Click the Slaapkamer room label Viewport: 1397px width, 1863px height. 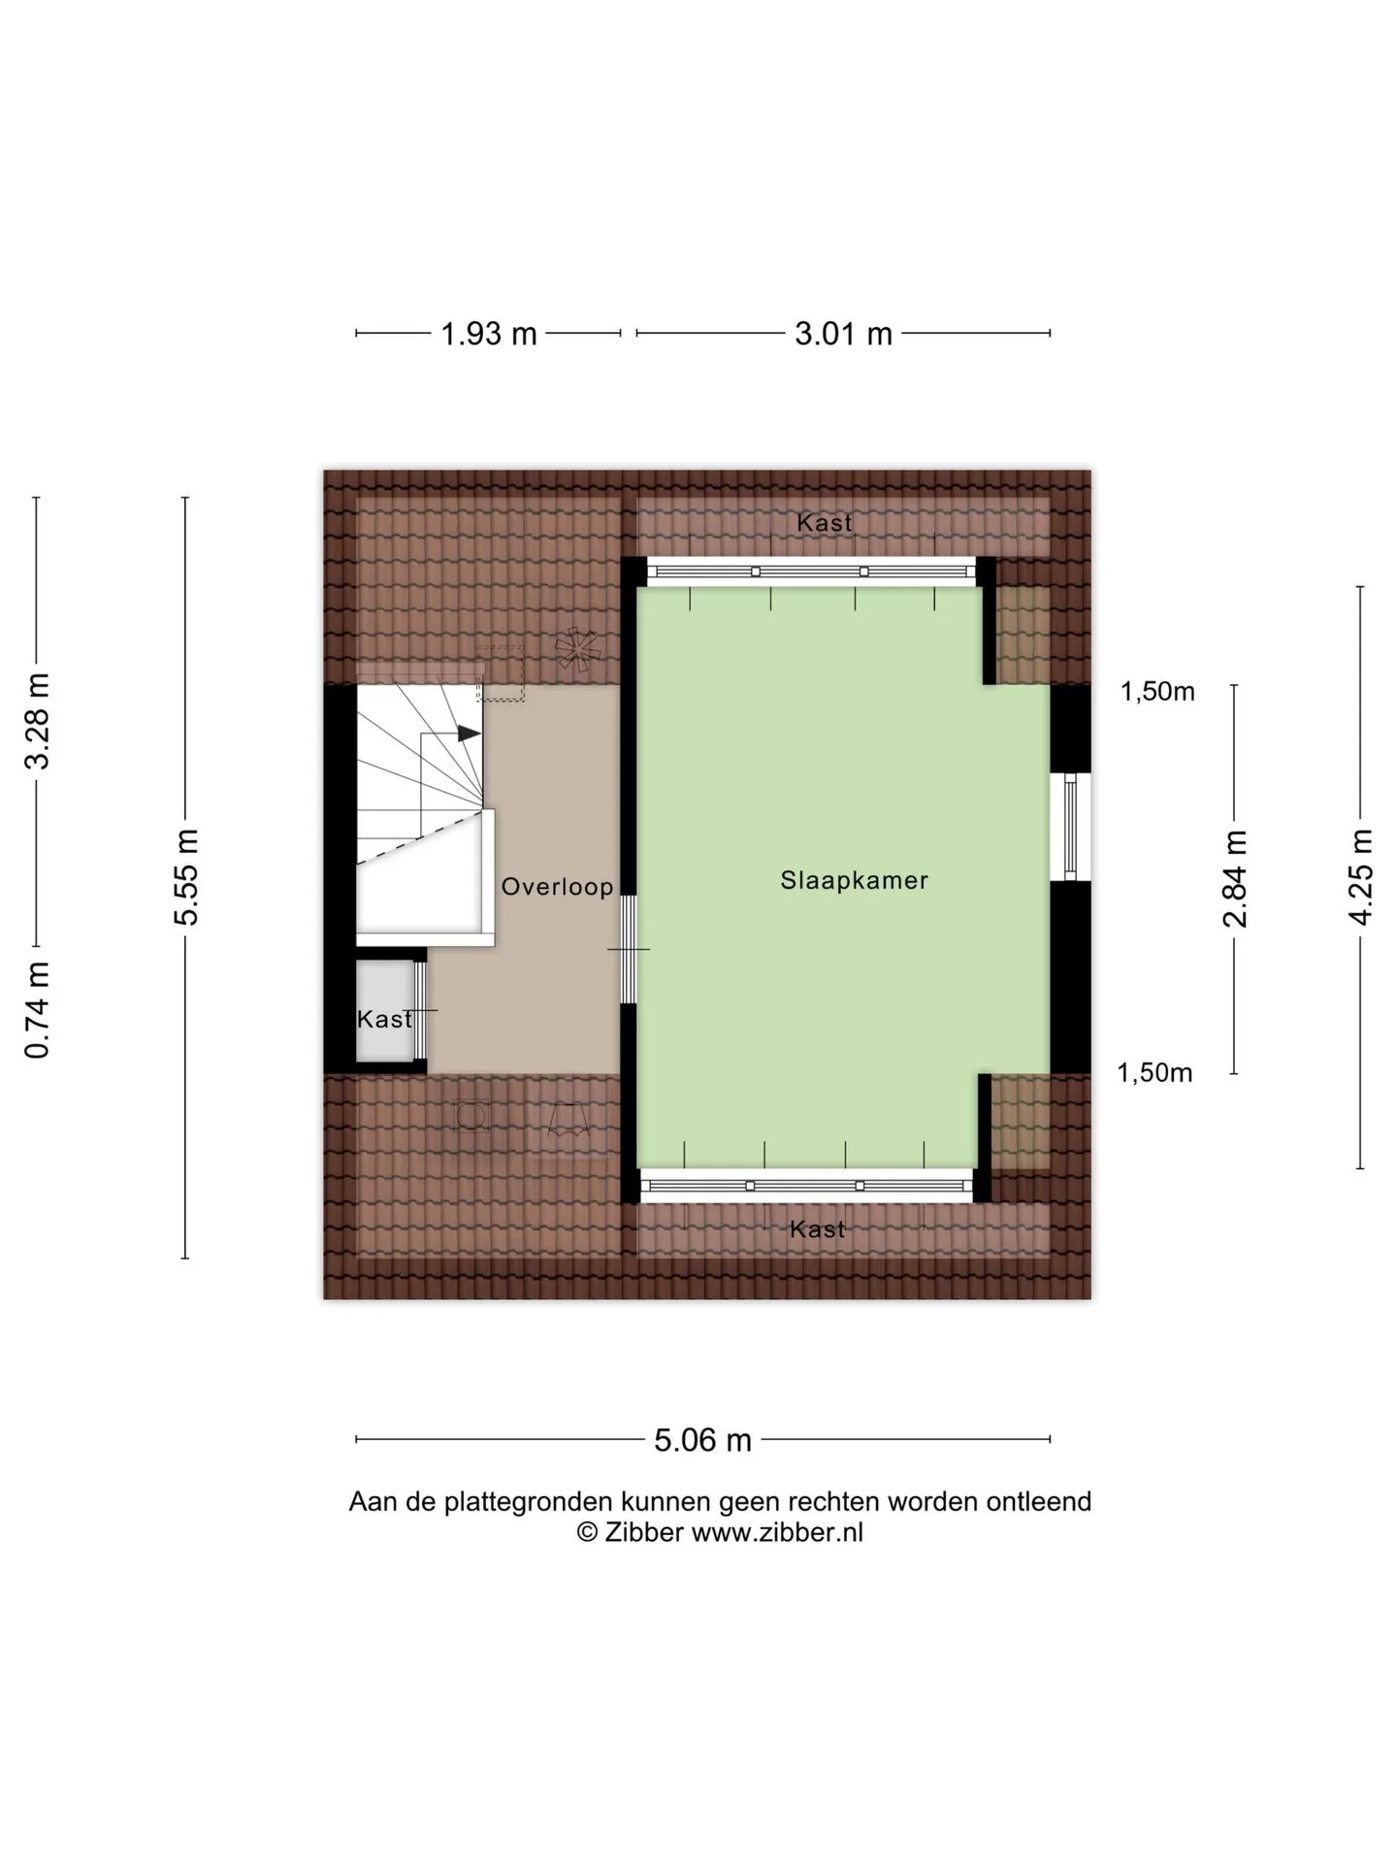854,880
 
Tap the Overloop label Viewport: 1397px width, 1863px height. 557,886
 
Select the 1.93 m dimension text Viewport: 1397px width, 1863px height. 489,334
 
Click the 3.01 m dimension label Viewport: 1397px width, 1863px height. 843,334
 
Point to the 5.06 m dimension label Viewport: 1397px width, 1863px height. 702,1440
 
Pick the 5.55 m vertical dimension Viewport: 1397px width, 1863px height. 186,877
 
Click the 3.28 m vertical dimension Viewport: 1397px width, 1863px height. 37,720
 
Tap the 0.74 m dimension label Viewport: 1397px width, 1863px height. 37,1009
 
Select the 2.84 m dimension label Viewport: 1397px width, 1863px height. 1234,879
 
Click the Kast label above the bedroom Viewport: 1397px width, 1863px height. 825,523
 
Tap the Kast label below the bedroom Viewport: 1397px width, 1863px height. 817,1229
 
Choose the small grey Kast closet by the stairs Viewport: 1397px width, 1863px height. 385,1011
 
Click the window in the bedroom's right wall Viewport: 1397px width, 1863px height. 1070,827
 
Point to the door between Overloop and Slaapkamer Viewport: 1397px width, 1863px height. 629,949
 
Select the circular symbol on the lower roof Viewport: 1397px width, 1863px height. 472,1116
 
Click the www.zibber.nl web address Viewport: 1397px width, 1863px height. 777,1532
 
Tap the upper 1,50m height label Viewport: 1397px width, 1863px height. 1157,692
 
